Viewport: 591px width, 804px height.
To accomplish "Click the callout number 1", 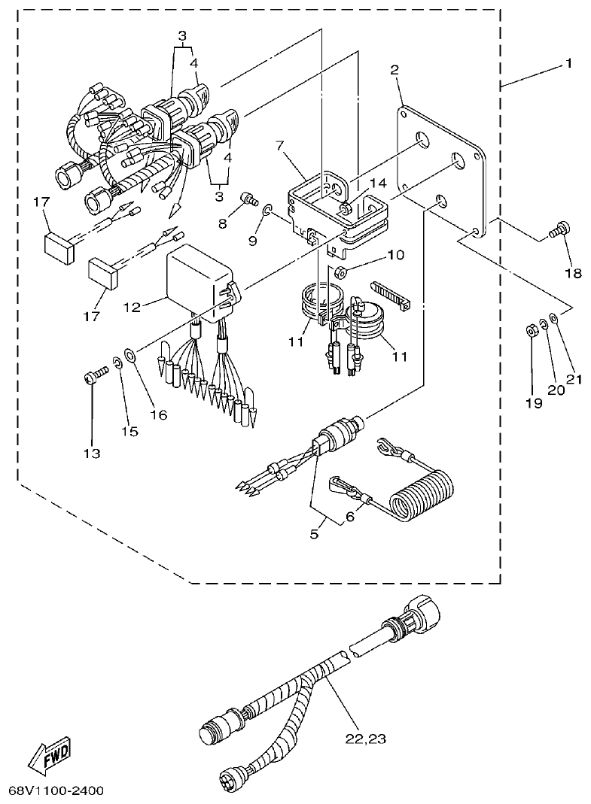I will pos(568,64).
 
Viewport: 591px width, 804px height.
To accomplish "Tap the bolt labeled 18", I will pos(560,229).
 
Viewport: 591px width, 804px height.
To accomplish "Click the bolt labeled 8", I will pos(244,199).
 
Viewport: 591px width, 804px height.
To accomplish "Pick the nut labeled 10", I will pos(340,271).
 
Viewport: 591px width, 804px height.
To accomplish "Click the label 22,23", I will pos(366,739).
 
